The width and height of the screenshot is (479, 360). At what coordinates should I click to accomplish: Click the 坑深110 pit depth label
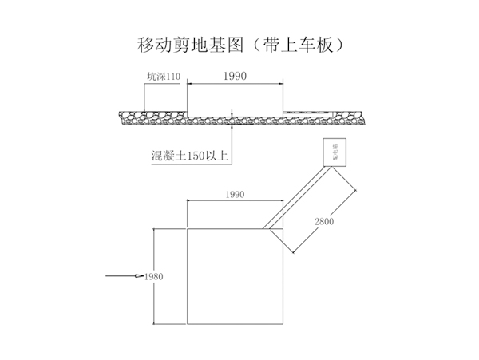(164, 77)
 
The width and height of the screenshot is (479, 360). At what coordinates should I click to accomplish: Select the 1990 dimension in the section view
(235, 77)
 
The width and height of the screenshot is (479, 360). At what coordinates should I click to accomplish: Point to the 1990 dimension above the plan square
(234, 194)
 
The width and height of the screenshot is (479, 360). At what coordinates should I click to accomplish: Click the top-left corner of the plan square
(187, 228)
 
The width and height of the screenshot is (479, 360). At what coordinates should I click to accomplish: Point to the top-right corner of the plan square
(281, 228)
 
